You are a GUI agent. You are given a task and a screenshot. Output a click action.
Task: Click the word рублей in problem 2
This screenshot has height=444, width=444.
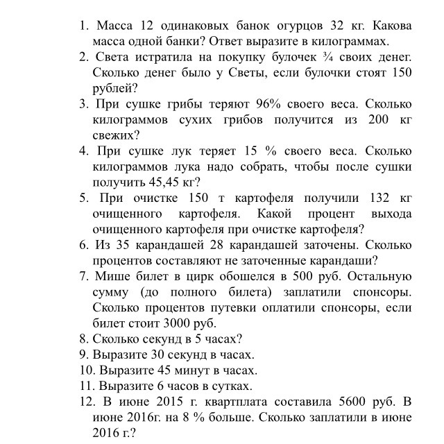pyautogui.click(x=113, y=88)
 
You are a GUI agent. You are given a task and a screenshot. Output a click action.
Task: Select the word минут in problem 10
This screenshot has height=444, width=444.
pyautogui.click(x=192, y=370)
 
